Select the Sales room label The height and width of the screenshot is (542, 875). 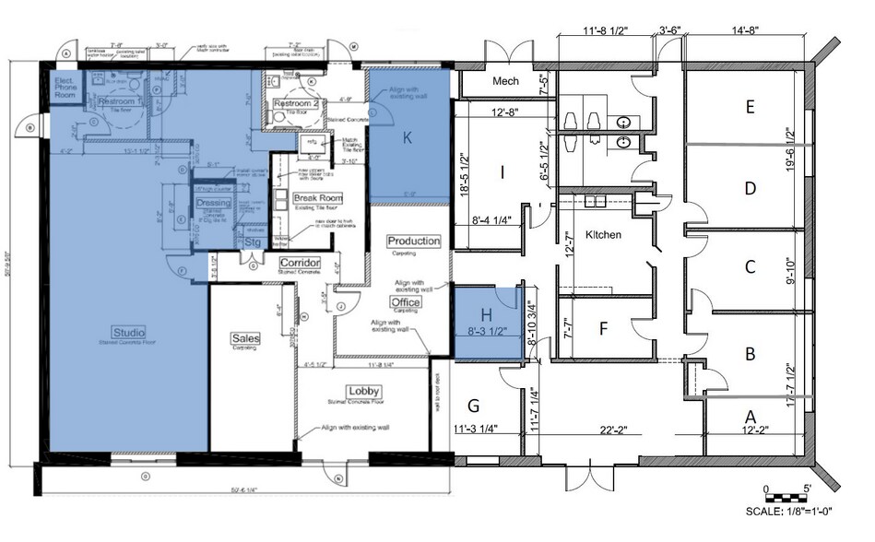click(245, 338)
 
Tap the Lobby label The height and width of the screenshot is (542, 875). click(363, 391)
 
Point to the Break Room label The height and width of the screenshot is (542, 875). click(317, 198)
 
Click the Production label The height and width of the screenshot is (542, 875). click(413, 241)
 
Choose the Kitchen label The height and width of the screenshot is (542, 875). click(602, 235)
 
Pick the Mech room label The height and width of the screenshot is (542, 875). click(505, 81)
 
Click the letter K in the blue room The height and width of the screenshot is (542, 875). click(408, 138)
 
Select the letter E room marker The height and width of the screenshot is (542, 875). click(751, 107)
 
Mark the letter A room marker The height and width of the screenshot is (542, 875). click(750, 417)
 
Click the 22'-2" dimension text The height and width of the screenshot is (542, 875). click(619, 429)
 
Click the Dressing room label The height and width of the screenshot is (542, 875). click(213, 203)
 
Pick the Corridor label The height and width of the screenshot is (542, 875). click(300, 263)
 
